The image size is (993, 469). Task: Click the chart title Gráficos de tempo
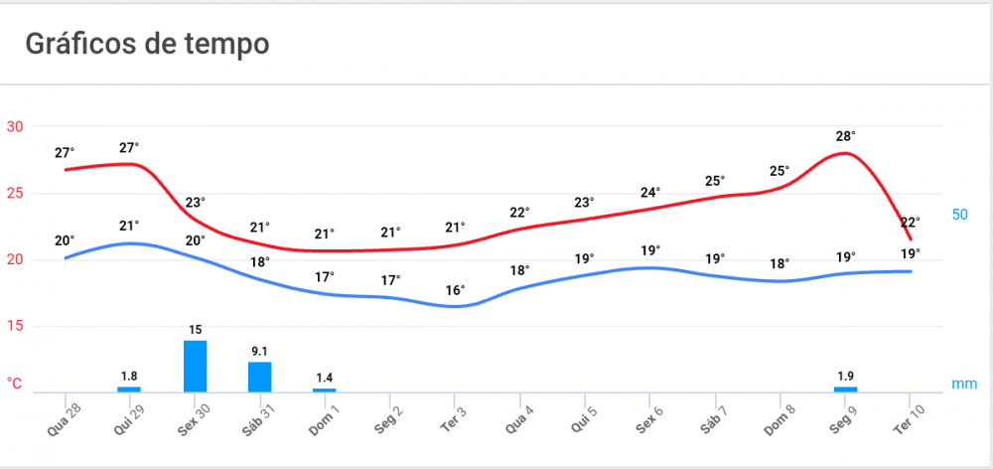coord(147,44)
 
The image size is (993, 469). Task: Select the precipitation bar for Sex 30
coord(195,366)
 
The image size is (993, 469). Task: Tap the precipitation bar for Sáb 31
coord(259,377)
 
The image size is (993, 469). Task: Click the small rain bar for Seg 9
coord(845,389)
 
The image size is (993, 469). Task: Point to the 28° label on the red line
coord(846,136)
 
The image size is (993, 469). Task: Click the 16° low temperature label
coord(455,290)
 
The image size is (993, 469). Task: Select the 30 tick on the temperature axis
coord(16,126)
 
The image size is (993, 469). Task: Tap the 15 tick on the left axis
coord(16,326)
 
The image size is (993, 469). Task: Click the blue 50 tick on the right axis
coord(960,215)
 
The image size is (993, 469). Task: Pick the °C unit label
coord(15,384)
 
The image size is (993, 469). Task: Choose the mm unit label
coord(964,384)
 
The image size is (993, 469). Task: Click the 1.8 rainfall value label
coord(129,376)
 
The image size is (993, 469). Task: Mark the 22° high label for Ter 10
coord(910,222)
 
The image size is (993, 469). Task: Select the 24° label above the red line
coord(650,192)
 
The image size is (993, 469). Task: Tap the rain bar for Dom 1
coord(324,390)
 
